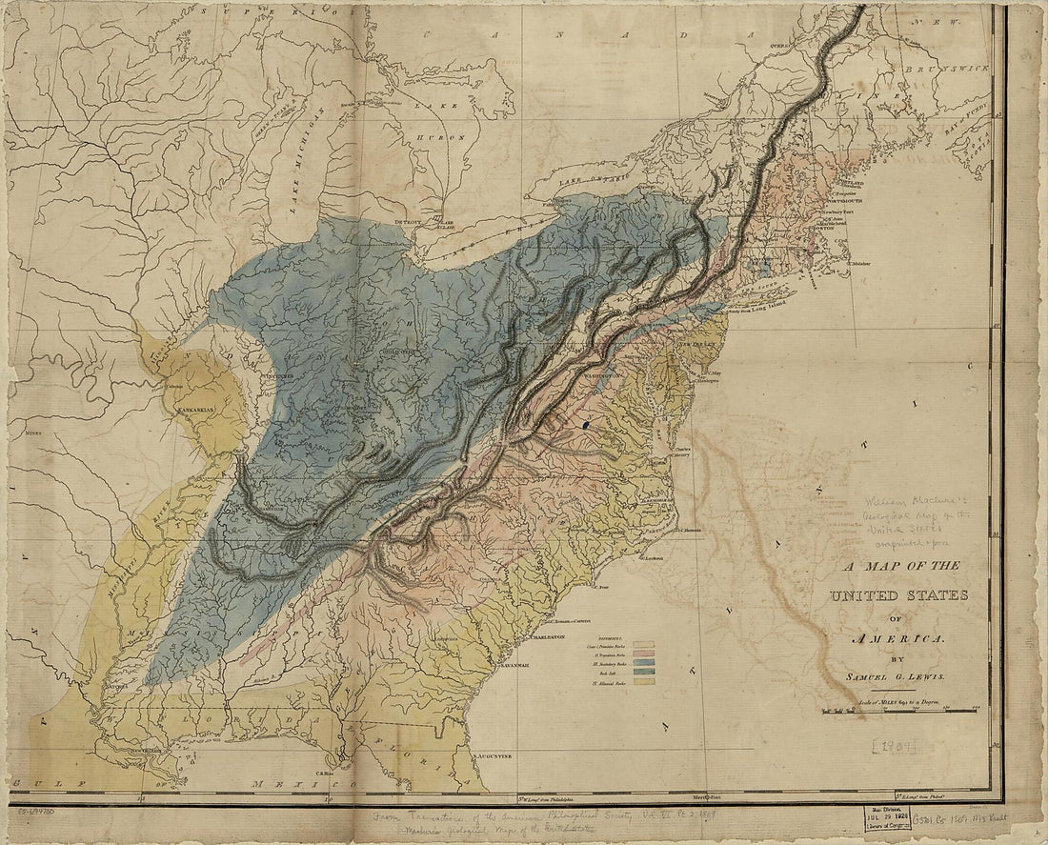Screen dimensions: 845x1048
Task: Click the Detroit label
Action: (408, 222)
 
